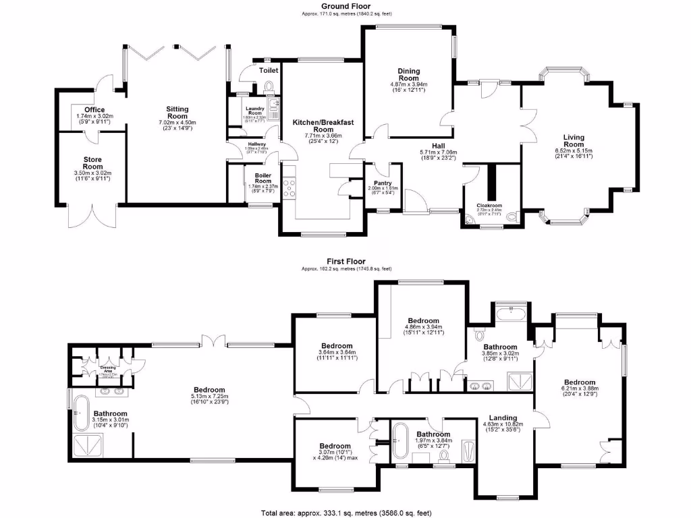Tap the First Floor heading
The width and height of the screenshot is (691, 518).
coord(345,260)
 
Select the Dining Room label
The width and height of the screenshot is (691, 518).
coord(409,74)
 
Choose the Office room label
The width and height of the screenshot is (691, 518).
coord(94,109)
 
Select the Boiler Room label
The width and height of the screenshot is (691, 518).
coord(262,177)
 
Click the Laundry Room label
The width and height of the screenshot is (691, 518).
coord(254,111)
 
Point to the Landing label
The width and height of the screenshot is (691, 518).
coord(503,418)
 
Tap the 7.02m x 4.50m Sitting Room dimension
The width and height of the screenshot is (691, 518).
coord(177,123)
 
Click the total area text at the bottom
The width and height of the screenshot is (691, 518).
coord(345,512)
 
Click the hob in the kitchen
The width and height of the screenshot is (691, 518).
coord(290,187)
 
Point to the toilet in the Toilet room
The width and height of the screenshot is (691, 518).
coord(270,86)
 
